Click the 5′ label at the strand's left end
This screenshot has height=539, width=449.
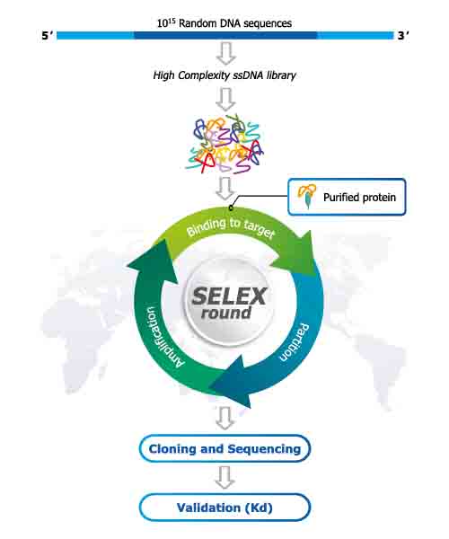(47, 35)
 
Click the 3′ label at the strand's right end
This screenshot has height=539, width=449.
(403, 35)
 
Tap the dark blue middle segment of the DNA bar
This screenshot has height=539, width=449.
(225, 35)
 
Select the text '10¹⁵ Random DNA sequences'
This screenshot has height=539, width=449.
(224, 23)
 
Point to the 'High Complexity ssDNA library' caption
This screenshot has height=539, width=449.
(224, 75)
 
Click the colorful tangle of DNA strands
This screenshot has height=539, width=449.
(225, 146)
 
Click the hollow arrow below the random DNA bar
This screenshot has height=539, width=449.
(225, 53)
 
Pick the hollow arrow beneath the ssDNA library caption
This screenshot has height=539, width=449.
(225, 100)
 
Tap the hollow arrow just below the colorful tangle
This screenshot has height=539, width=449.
(225, 189)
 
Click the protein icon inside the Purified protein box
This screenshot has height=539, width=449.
(307, 196)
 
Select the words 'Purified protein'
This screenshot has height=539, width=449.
(359, 198)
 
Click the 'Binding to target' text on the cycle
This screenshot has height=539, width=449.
(231, 227)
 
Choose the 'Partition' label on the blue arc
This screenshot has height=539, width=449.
(294, 342)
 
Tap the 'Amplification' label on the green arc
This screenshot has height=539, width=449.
(163, 338)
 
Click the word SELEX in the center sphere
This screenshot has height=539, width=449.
(229, 296)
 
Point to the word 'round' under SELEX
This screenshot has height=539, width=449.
(226, 314)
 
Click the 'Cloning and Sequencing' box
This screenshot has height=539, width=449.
(224, 448)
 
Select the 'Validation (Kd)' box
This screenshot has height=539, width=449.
(224, 508)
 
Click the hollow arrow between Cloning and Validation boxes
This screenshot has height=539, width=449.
(225, 478)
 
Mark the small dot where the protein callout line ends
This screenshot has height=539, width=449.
(231, 208)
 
